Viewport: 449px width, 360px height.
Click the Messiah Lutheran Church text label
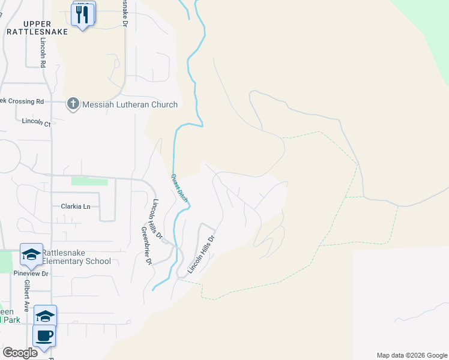click(130, 104)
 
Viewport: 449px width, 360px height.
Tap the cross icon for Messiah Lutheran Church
click(73, 104)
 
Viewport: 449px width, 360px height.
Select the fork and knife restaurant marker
click(82, 14)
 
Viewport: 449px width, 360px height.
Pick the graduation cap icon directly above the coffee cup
click(45, 315)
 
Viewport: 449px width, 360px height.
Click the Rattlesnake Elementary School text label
click(76, 256)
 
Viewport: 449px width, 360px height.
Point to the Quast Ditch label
click(179, 187)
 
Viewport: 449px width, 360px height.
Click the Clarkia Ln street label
click(75, 206)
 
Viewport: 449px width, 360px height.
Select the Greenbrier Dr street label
click(146, 245)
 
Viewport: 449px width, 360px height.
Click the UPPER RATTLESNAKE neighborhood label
click(37, 27)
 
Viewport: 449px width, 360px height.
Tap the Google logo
click(20, 352)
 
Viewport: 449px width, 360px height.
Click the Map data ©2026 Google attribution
click(411, 355)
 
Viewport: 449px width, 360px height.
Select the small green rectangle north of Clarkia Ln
click(89, 181)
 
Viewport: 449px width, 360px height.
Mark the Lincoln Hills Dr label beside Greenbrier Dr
click(158, 218)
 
